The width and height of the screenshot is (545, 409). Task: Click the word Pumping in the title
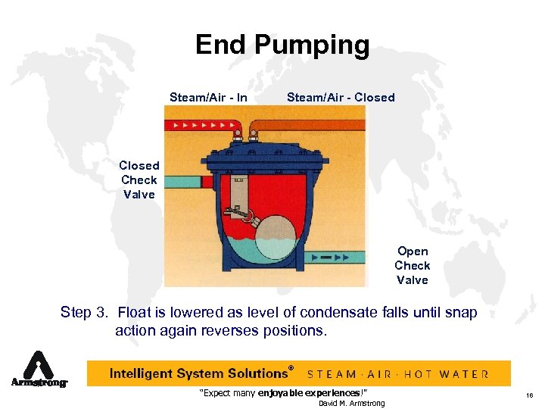(x=312, y=45)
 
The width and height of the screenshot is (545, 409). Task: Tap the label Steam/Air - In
(x=208, y=97)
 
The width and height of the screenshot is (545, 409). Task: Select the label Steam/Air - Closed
(x=341, y=97)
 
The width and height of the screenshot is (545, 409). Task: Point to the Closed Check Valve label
(x=139, y=180)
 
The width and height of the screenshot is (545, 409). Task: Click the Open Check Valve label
(x=412, y=265)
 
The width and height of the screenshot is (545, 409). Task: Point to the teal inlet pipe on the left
(x=182, y=183)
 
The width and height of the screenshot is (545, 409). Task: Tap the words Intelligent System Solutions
(x=198, y=373)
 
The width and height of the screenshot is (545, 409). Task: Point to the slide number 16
(x=528, y=396)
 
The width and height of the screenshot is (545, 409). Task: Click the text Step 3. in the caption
(x=86, y=313)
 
